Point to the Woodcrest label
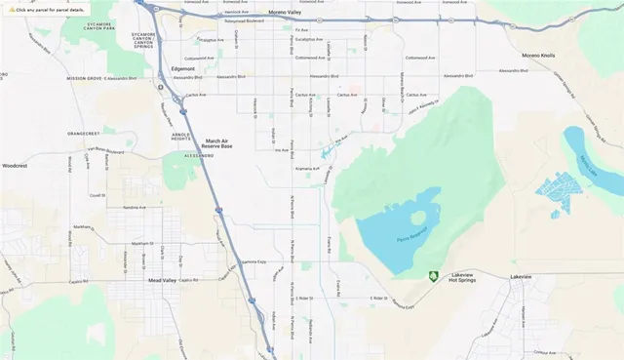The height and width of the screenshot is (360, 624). pyautogui.click(x=16, y=166)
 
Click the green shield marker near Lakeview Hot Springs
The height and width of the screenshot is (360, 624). pyautogui.click(x=433, y=275)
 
